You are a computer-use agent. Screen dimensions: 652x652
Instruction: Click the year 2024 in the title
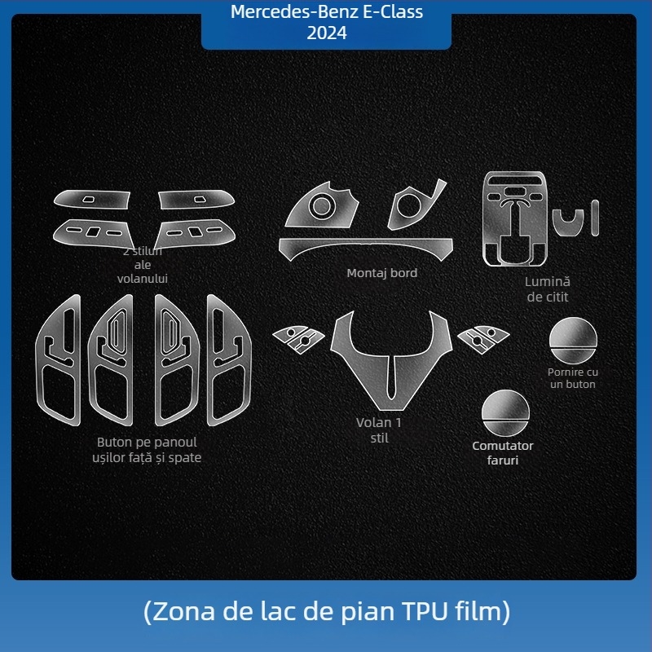pos(327,33)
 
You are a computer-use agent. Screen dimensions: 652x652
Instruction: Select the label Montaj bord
pos(381,273)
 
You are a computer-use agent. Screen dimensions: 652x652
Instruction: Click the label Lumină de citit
pos(547,289)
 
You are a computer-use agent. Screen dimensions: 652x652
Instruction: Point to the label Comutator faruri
pos(503,453)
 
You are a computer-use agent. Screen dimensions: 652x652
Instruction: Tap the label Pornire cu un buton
pos(573,378)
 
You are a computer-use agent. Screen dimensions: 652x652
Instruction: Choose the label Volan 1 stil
pos(379,430)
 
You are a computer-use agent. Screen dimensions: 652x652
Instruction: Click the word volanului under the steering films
pos(142,279)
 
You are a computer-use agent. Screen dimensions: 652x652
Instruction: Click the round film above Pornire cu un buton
pos(573,340)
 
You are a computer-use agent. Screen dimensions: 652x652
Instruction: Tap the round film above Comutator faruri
pos(505,413)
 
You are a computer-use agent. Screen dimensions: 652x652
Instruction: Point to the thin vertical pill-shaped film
pos(595,218)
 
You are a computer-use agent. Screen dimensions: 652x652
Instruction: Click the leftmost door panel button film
pos(59,360)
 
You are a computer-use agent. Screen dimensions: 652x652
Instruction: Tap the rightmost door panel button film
pos(229,360)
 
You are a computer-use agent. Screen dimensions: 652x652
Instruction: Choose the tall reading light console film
pos(515,218)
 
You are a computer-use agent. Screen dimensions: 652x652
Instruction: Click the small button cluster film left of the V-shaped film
pos(298,339)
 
